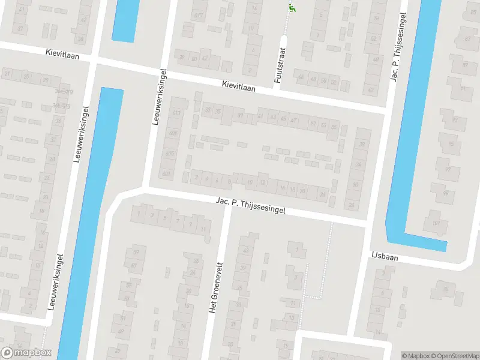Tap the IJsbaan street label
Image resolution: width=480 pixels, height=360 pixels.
383,256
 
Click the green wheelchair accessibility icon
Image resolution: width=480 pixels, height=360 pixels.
292,8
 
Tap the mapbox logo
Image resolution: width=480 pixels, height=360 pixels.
26,353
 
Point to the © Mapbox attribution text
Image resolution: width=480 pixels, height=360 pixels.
416,356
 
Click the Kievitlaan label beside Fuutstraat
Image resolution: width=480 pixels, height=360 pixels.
238,87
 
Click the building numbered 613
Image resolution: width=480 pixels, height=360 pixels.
176,113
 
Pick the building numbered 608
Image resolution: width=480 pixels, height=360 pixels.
173,133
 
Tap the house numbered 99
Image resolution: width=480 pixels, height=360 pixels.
446,194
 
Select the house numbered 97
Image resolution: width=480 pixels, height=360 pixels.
448,169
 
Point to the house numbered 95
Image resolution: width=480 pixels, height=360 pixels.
451,143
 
